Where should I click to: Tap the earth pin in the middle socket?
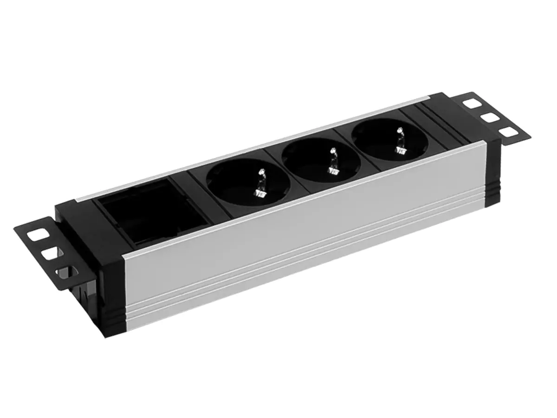point(333,161)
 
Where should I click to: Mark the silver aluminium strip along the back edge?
point(260,149)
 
